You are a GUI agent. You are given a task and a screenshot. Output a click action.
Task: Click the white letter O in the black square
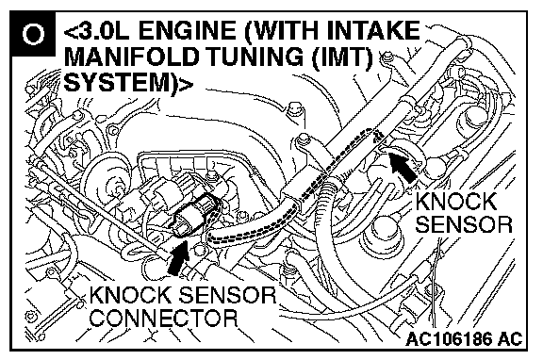tap(33, 34)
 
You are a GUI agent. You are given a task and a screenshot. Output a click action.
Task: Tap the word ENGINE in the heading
tap(190, 30)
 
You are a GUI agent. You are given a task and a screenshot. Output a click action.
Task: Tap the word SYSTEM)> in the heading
tap(128, 83)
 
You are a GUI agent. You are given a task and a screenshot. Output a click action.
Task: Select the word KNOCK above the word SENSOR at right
tap(456, 202)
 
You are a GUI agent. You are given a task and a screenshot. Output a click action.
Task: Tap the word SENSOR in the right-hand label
tap(464, 224)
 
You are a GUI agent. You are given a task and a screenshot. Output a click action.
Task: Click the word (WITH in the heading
tap(282, 31)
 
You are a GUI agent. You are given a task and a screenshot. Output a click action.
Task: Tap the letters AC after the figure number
tap(509, 339)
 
